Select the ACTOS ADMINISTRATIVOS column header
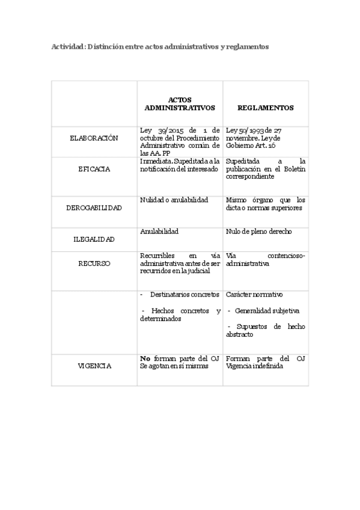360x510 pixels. [x=180, y=103]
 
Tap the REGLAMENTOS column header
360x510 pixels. [x=265, y=108]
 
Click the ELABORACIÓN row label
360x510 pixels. [x=94, y=138]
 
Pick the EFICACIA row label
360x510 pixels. [x=94, y=169]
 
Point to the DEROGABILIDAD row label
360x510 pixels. [x=94, y=208]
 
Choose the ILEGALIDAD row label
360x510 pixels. [x=94, y=239]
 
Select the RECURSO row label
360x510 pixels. [x=94, y=263]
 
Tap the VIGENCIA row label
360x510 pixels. [x=94, y=366]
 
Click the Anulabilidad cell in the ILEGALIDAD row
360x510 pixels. [x=159, y=231]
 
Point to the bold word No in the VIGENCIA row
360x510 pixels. [x=144, y=358]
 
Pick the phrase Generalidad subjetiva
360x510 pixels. [x=267, y=311]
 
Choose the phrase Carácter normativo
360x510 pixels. [x=254, y=295]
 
